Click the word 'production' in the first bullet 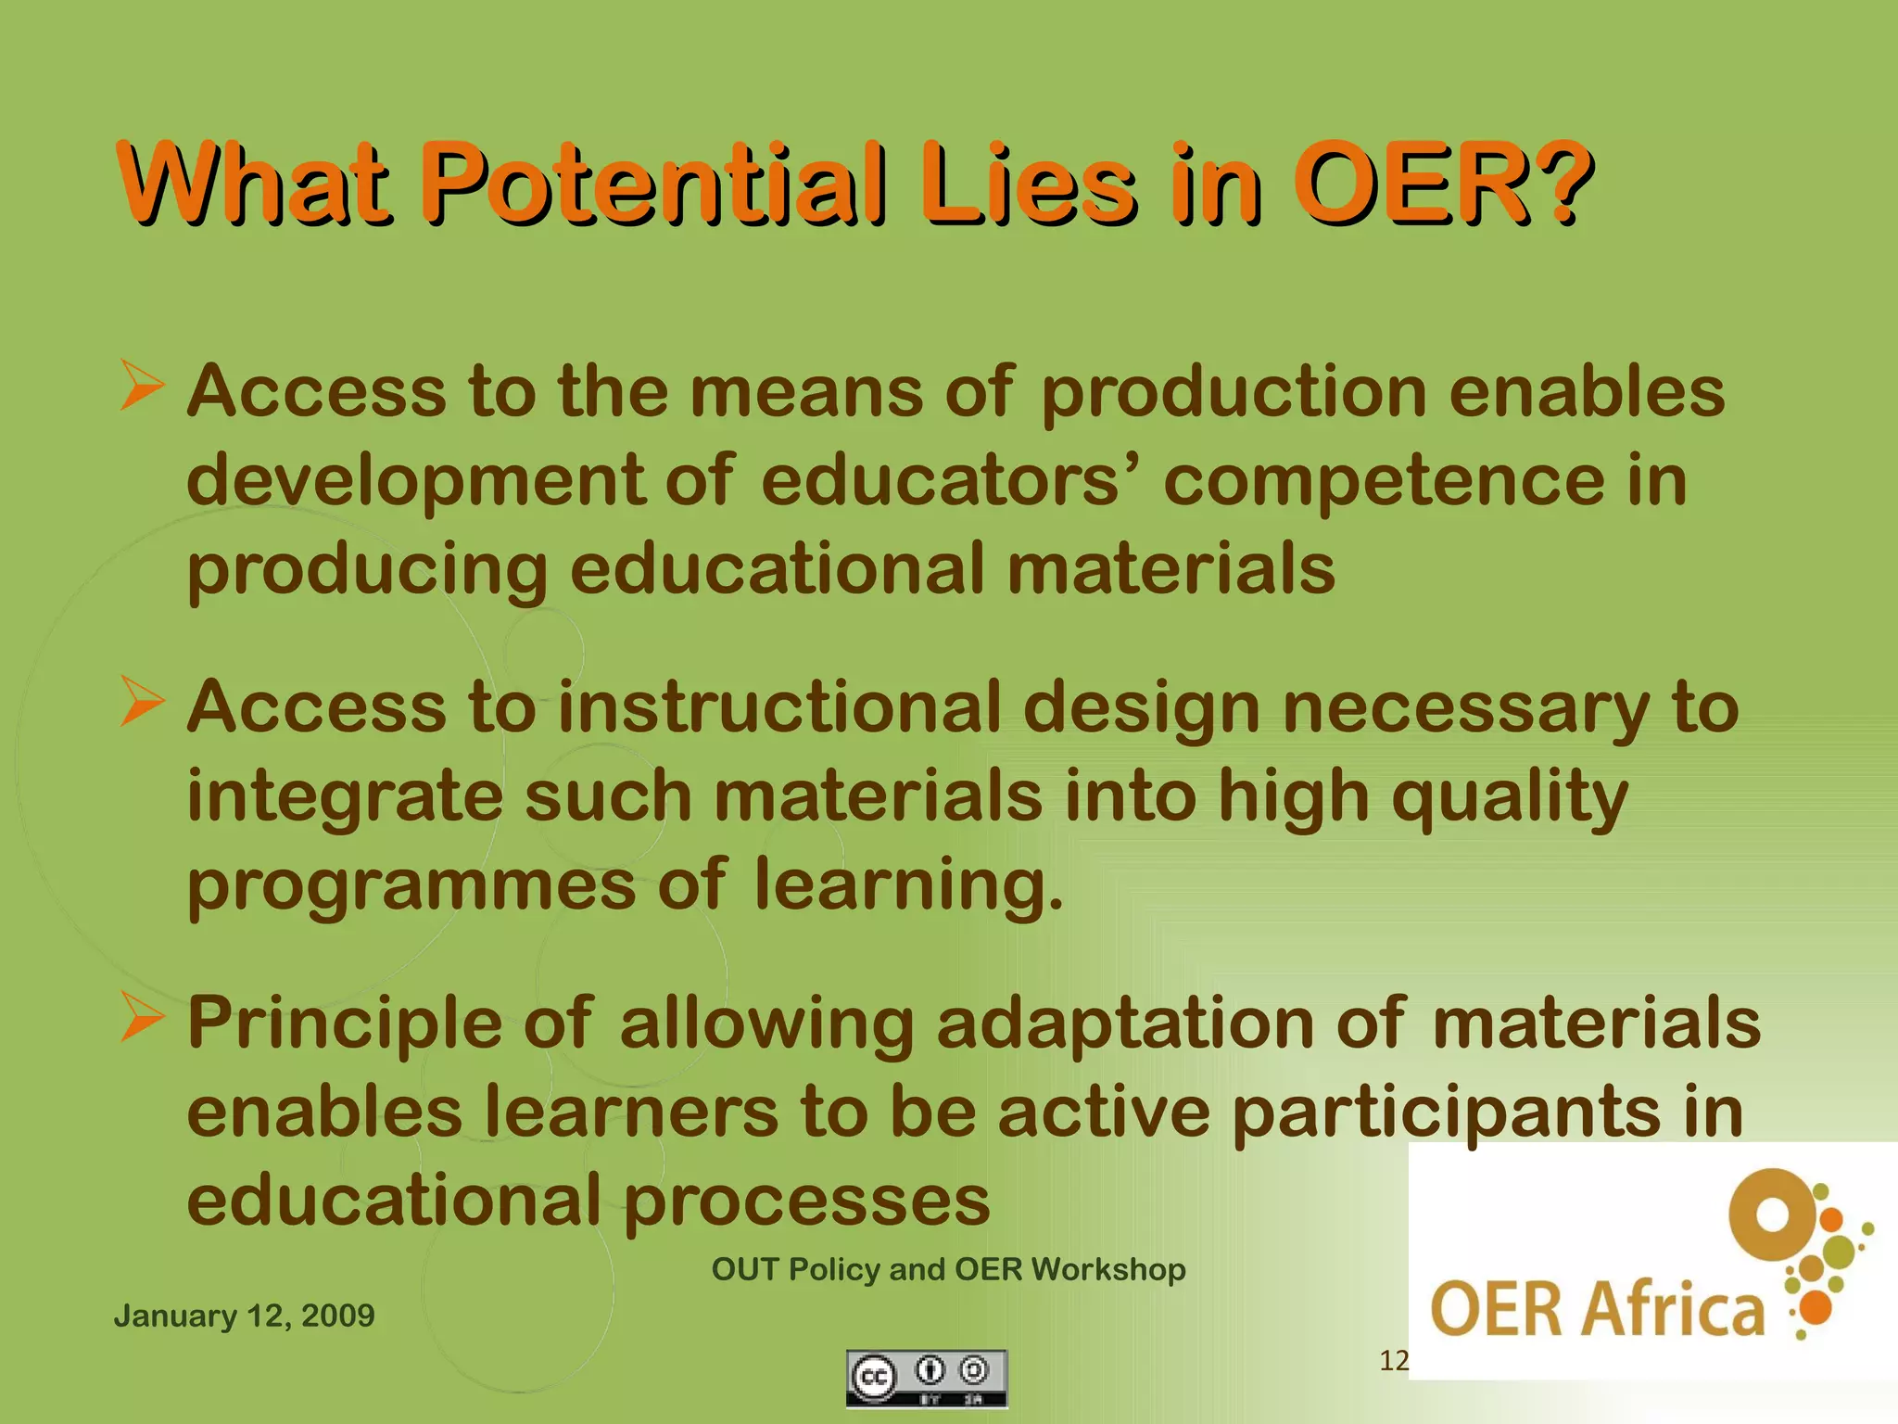pos(1234,393)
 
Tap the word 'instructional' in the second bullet pos(779,706)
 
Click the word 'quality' pos(1510,797)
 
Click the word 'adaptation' pos(1125,1024)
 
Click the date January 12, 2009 pos(245,1316)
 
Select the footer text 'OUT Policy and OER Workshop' pos(948,1269)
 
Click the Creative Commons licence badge pos(926,1378)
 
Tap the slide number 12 pos(1393,1361)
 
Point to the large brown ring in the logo pos(1773,1214)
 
